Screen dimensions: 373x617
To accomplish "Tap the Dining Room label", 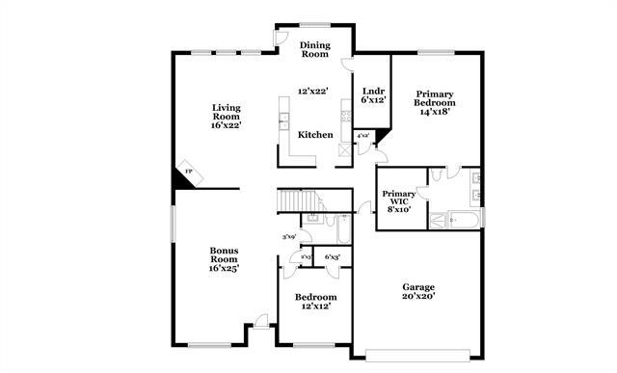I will (x=315, y=49).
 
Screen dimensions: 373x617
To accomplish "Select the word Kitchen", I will (x=315, y=135).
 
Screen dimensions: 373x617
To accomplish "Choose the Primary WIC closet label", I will (x=398, y=197).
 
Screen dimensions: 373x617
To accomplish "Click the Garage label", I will (x=418, y=287).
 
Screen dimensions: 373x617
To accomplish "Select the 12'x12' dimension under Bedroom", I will (x=315, y=306).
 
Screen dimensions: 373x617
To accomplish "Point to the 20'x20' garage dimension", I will (x=418, y=297).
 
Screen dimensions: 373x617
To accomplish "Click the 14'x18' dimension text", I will (x=434, y=112).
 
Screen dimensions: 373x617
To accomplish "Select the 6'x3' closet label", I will (x=333, y=257).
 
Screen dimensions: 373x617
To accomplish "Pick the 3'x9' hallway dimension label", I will (x=287, y=236).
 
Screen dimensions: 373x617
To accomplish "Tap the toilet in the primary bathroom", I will (x=436, y=174).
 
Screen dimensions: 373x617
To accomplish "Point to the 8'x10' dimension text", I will (x=398, y=208).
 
